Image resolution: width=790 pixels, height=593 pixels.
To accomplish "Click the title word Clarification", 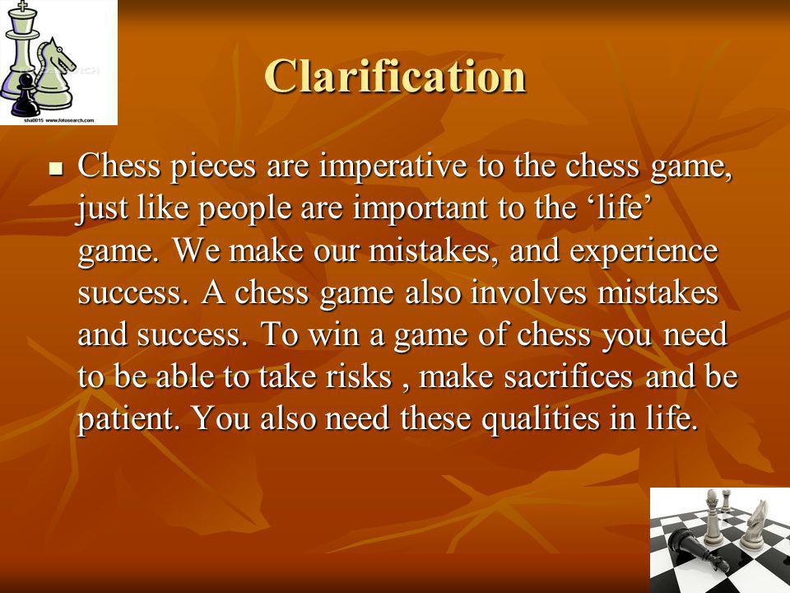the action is (x=395, y=76).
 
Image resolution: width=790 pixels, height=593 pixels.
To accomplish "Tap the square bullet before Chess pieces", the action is (x=56, y=168).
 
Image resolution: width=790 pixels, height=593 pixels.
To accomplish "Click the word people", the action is (x=245, y=208).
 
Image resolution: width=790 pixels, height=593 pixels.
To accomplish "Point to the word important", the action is (x=421, y=208).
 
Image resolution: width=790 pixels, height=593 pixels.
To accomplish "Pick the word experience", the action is (x=644, y=251).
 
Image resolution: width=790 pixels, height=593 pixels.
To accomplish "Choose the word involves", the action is (x=528, y=292).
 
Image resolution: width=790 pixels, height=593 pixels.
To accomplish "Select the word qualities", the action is (x=540, y=419).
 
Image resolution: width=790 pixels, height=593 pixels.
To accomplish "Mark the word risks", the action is (x=359, y=376).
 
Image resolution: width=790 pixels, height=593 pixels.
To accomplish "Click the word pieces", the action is (x=213, y=167).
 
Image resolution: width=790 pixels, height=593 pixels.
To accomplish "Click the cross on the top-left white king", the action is (x=21, y=7).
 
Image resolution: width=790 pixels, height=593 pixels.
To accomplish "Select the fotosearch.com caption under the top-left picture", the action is (x=59, y=120).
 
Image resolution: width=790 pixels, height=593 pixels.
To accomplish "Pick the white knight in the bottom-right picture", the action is (x=752, y=525).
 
